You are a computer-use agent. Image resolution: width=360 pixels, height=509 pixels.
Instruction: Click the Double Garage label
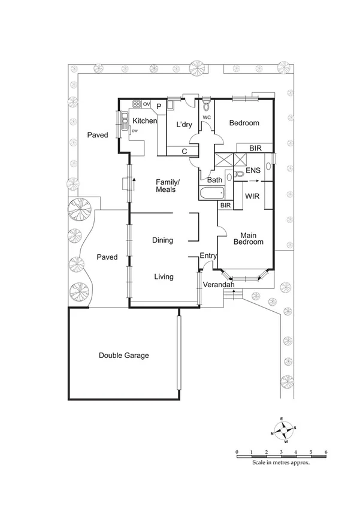click(123, 356)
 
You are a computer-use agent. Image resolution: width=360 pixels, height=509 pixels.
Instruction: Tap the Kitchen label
click(144, 121)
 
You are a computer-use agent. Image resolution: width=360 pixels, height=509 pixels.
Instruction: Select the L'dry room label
click(183, 125)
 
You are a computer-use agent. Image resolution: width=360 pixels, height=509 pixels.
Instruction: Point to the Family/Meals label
click(165, 185)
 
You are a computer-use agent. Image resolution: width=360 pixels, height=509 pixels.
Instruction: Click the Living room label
click(164, 277)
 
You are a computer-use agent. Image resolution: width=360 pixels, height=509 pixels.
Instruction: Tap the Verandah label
click(218, 285)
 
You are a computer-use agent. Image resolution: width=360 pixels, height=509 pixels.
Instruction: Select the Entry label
click(208, 256)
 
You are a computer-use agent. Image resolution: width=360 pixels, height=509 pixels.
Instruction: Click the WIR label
click(252, 196)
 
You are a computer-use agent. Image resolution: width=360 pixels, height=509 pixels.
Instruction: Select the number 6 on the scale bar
click(325, 451)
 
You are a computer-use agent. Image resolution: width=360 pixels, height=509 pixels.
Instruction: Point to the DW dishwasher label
click(135, 131)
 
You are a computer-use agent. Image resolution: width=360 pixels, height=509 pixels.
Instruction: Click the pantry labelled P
click(159, 106)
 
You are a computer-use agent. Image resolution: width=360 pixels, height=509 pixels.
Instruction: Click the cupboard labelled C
click(184, 152)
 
